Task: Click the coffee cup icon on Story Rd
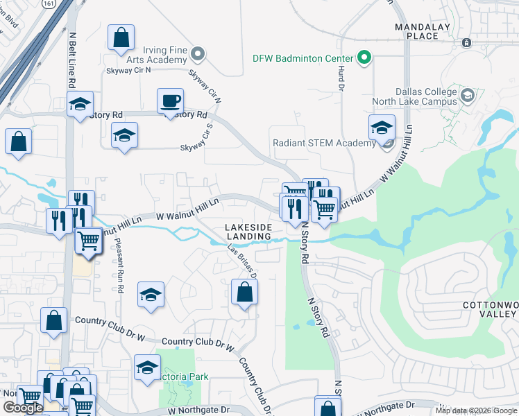coord(170,102)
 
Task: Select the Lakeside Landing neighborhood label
coord(248,232)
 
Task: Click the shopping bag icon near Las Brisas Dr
coord(244,292)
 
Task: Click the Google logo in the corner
coord(23,408)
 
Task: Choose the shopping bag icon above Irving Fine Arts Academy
coord(121,38)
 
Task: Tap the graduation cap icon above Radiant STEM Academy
coord(381,128)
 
